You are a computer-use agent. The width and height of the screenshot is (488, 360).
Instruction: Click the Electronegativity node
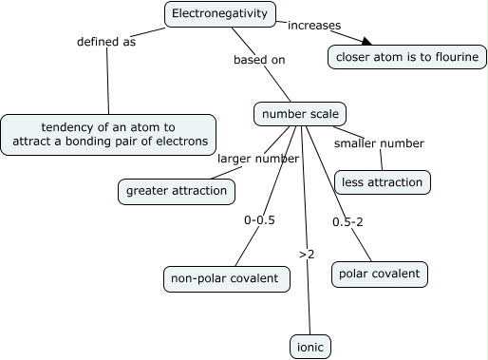pos(220,14)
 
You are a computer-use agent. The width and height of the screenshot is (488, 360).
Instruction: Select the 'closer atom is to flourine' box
pos(407,57)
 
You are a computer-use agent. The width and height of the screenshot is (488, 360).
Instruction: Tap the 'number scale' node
pos(299,114)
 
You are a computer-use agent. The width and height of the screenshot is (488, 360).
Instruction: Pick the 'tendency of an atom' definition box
pos(108,135)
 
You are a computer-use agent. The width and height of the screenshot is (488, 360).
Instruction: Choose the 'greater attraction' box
pos(177,191)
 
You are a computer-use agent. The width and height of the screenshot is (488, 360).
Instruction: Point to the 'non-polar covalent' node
pos(224,278)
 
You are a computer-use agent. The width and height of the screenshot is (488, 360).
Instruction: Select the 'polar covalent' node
pos(379,274)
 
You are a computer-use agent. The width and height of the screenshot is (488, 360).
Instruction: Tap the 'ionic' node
pos(310,348)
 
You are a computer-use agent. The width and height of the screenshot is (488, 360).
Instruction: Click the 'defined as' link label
pos(105,42)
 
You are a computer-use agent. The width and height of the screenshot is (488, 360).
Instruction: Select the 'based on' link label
pos(259,60)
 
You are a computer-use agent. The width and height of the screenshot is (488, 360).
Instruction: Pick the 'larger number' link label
pos(258,159)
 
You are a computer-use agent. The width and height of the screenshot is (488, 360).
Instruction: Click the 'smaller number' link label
pos(379,143)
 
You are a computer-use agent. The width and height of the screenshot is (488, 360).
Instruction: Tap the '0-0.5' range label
pos(259,219)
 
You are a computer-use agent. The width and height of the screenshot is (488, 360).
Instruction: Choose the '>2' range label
pos(307,255)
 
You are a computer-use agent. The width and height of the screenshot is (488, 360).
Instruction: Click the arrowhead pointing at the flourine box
pos(365,41)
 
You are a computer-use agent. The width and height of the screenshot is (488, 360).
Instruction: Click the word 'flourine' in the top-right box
pos(454,57)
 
